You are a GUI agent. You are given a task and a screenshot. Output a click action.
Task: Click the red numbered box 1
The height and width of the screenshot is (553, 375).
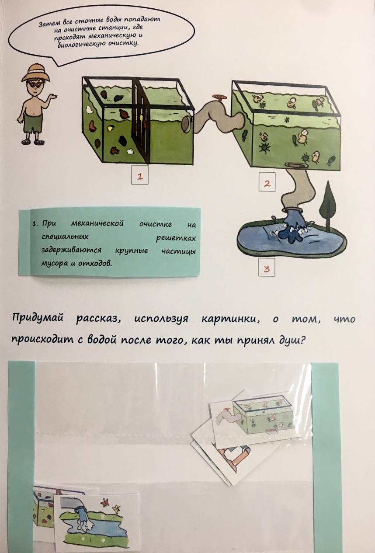pyautogui.click(x=140, y=175)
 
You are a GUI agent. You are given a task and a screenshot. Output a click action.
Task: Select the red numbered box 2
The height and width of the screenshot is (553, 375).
pyautogui.click(x=267, y=182)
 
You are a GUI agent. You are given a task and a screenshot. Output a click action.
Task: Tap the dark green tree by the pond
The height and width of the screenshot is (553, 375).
pyautogui.click(x=328, y=204)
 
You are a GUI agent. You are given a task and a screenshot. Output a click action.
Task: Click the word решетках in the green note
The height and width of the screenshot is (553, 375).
pyautogui.click(x=176, y=238)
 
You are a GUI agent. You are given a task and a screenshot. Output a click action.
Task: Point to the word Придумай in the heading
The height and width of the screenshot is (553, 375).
pyautogui.click(x=38, y=318)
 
